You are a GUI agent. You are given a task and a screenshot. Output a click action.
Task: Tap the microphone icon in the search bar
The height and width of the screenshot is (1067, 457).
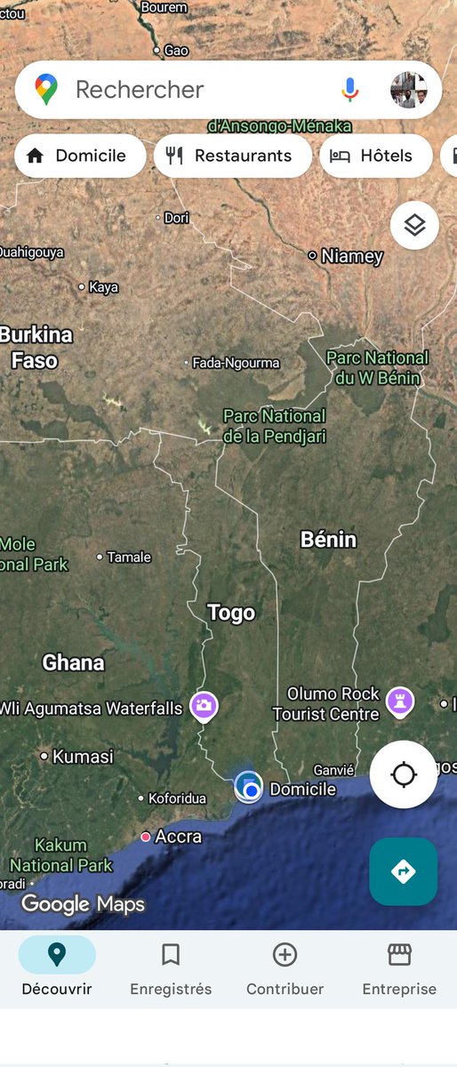coord(350,89)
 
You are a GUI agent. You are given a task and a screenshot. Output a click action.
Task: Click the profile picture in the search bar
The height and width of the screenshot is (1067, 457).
coord(409,90)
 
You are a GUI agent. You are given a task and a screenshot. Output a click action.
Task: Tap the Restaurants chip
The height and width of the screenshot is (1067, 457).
coord(233,156)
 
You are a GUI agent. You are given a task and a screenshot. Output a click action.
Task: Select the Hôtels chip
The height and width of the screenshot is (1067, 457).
coord(375,156)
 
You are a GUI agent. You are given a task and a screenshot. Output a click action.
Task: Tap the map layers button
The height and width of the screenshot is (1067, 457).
coord(414,225)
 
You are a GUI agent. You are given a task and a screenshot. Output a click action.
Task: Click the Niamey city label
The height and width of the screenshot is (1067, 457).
coord(351,256)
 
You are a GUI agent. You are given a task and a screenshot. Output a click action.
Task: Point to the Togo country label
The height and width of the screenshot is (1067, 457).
coord(231,613)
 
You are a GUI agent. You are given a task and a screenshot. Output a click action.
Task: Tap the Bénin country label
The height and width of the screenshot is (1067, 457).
coord(328,540)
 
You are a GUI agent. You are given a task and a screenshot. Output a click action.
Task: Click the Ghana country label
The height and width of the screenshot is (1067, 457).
coord(73,662)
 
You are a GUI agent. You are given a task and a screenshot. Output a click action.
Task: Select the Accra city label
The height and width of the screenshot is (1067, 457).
coord(178,837)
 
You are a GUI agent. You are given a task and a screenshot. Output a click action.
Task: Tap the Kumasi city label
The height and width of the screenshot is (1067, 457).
coord(83,757)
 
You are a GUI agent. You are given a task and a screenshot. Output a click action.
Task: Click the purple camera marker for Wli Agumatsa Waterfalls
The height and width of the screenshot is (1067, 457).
coord(204,707)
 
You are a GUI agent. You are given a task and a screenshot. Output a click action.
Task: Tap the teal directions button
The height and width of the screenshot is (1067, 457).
coord(403,871)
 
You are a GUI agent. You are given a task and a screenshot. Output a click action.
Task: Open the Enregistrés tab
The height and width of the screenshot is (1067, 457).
coord(171,969)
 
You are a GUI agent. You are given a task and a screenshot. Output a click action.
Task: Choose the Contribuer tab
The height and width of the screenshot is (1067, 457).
coord(285,969)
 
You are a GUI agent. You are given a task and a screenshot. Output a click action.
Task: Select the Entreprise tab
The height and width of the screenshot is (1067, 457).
coord(399,969)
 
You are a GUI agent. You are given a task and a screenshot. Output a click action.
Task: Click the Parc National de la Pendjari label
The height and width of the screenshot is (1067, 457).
coord(274,426)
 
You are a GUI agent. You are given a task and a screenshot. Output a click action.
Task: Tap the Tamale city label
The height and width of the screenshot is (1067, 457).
coord(128,558)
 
